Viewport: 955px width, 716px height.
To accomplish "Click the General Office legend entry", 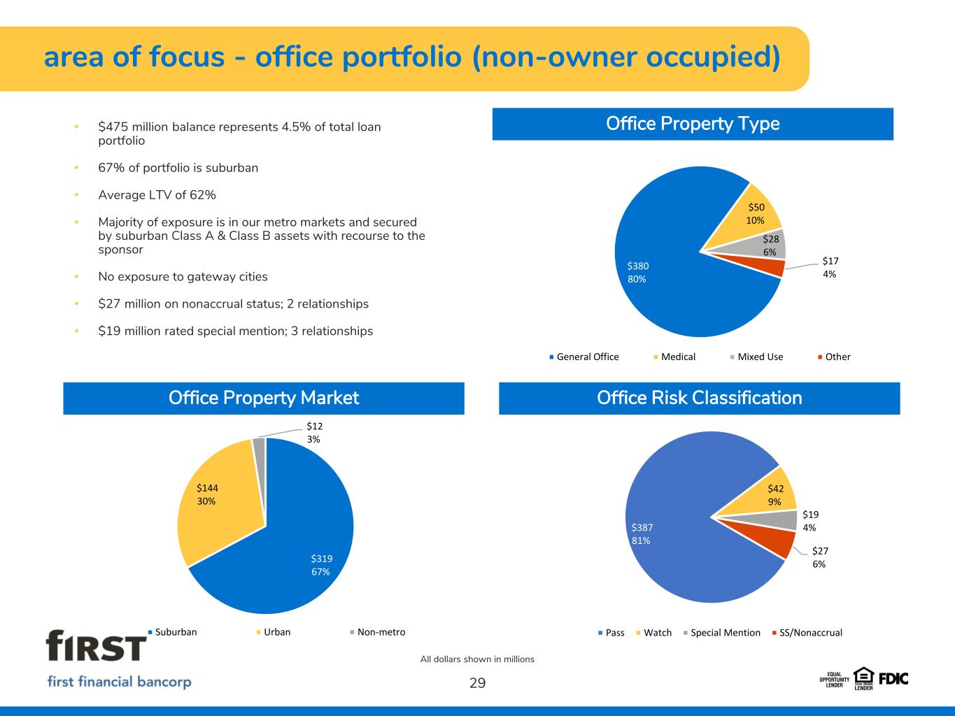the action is point(584,357).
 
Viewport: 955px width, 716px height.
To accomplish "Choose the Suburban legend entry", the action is point(172,632).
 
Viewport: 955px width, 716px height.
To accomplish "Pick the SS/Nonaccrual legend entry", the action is point(807,633).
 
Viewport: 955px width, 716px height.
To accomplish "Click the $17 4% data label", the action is point(830,267).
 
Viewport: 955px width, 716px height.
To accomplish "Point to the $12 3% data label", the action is point(314,433).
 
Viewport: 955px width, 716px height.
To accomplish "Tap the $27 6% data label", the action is point(820,557).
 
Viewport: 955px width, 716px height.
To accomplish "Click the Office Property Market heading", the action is point(264,398).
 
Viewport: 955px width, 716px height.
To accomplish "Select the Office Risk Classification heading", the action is point(699,398).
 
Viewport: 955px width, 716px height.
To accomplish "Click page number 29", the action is point(477,683).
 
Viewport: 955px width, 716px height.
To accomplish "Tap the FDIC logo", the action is point(893,679).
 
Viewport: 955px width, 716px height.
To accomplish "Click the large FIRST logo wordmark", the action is point(96,645).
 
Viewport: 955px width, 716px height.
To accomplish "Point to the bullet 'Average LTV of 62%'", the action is point(157,195).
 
